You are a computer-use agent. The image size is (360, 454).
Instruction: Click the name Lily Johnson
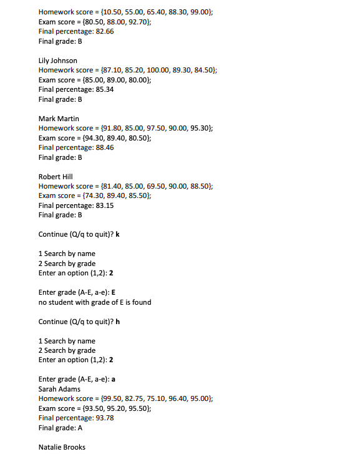[58, 61]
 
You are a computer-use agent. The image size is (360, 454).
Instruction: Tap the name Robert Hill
[56, 177]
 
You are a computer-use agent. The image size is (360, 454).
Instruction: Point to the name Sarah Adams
[59, 389]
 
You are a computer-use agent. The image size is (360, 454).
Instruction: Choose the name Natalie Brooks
[62, 447]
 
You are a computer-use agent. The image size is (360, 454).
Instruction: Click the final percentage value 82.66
[105, 31]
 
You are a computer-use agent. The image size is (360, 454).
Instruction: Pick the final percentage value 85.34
[105, 89]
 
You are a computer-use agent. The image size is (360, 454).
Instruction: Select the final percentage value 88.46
[105, 147]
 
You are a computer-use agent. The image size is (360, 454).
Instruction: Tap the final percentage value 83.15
[105, 205]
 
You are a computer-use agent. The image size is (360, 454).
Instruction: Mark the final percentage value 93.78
[105, 418]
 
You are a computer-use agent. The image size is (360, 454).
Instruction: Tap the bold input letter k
[118, 234]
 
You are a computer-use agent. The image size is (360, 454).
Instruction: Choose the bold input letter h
[118, 322]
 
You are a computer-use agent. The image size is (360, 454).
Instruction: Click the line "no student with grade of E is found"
[94, 302]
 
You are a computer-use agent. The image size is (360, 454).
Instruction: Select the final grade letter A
[80, 428]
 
